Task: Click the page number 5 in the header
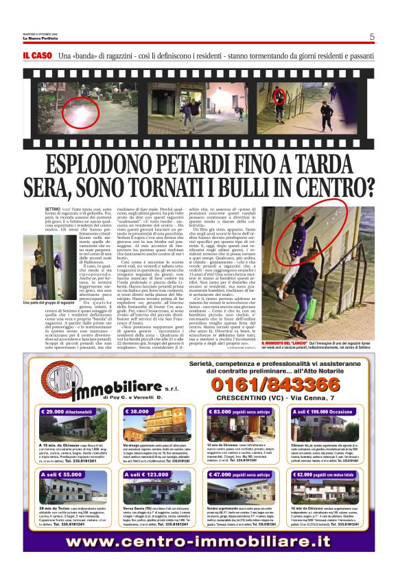coord(371,37)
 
